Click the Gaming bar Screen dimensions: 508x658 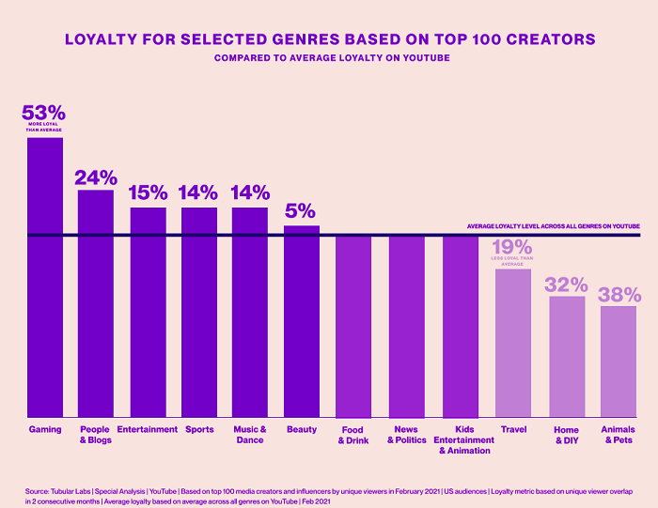click(45, 277)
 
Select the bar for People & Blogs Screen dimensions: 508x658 click(96, 303)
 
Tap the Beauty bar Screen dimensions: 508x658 click(302, 321)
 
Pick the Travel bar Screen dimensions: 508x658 click(513, 343)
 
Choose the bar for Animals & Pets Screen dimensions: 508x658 click(619, 362)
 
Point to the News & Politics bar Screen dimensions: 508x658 click(407, 326)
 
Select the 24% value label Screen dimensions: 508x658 click(96, 177)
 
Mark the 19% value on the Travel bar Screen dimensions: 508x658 click(513, 249)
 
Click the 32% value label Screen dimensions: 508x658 click(567, 284)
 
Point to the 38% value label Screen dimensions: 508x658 click(619, 293)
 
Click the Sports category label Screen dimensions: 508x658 click(198, 429)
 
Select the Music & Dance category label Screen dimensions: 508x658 click(250, 434)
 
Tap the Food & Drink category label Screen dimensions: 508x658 click(354, 435)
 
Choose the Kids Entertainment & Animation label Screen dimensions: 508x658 click(459, 439)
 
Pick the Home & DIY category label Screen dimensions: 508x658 click(567, 435)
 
